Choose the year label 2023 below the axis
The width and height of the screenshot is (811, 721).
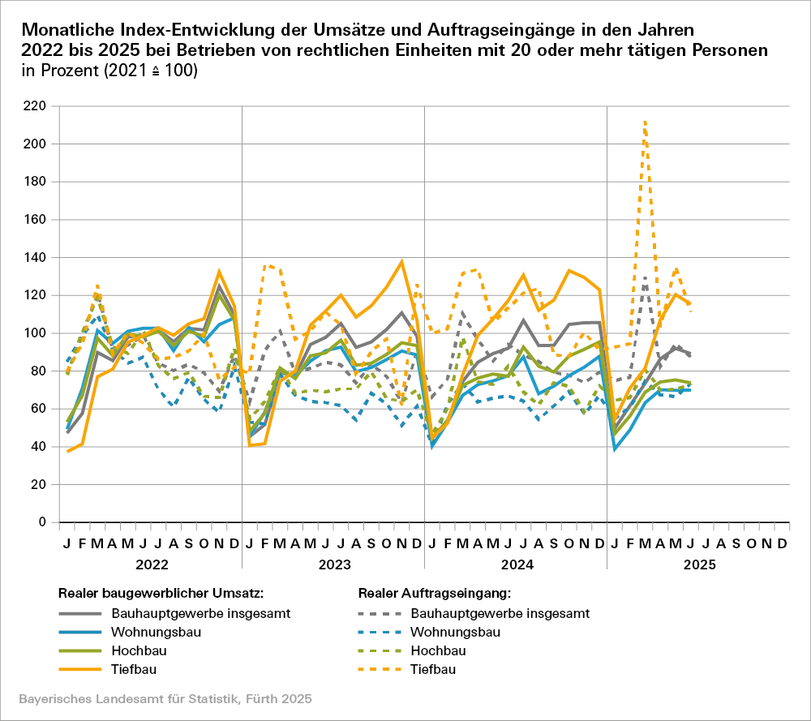click(x=333, y=564)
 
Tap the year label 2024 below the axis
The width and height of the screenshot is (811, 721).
click(x=516, y=564)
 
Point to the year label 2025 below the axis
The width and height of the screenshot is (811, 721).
click(x=698, y=564)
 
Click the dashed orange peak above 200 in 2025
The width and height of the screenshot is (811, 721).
click(x=645, y=122)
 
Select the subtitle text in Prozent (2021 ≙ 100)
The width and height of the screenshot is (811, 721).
click(x=110, y=71)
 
